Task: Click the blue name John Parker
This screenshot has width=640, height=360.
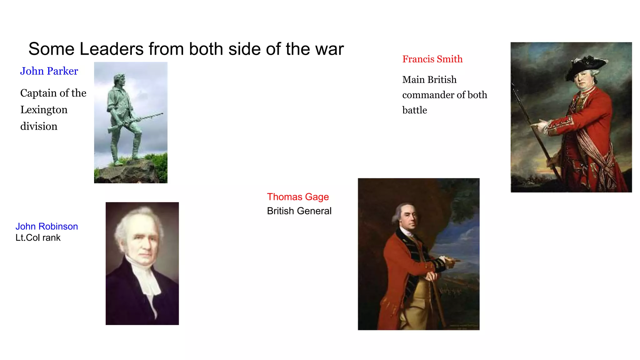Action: (x=49, y=71)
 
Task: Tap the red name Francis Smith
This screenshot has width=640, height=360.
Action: (x=432, y=59)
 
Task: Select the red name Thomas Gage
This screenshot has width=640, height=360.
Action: (x=298, y=197)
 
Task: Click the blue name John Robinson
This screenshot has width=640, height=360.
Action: (x=47, y=226)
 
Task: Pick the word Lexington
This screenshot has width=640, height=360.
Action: (x=44, y=110)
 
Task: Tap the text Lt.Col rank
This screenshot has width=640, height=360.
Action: (x=38, y=238)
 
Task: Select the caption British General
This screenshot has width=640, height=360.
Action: (x=299, y=211)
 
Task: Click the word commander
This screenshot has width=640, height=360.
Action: (x=428, y=95)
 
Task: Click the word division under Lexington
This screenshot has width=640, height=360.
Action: (x=39, y=126)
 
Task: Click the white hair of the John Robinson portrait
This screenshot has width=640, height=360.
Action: (x=137, y=219)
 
